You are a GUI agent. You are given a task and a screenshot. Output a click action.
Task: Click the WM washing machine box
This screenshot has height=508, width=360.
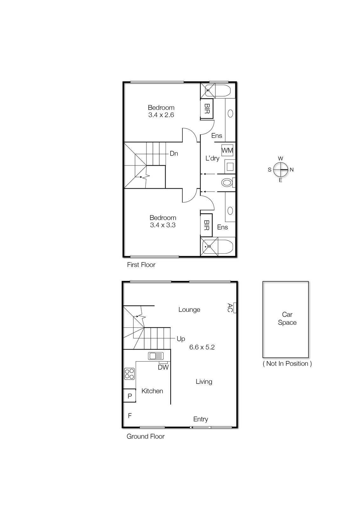(x=227, y=150)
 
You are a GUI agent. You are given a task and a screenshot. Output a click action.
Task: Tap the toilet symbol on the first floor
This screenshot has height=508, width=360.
(x=227, y=183)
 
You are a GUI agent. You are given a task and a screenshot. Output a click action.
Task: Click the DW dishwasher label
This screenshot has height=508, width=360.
(x=163, y=367)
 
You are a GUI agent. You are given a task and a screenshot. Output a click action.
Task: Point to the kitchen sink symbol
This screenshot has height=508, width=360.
(x=156, y=356)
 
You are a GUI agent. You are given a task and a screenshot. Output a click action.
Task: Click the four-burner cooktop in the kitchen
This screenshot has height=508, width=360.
(x=129, y=374)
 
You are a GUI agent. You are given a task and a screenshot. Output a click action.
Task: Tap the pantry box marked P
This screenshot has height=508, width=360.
(x=129, y=396)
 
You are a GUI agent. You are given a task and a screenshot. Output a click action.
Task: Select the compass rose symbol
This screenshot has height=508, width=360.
(x=281, y=170)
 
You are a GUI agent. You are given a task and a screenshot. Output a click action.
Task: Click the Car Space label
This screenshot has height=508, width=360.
(x=287, y=318)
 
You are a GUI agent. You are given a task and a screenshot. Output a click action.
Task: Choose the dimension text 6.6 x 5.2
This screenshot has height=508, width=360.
(x=202, y=347)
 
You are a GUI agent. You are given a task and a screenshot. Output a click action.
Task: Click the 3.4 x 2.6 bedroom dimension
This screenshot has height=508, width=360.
(x=161, y=115)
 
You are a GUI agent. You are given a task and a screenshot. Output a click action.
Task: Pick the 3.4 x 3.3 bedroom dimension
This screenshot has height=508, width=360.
(x=163, y=225)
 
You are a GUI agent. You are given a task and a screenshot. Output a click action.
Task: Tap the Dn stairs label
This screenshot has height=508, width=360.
(x=174, y=154)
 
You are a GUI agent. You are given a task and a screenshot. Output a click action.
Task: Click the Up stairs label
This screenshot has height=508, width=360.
(x=180, y=339)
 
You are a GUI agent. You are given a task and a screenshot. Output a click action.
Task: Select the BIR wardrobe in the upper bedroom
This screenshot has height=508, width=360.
(x=207, y=109)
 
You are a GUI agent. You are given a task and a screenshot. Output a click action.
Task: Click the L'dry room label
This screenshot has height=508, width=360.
(x=212, y=158)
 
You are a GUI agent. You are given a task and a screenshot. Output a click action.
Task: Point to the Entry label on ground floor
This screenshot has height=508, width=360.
(x=200, y=419)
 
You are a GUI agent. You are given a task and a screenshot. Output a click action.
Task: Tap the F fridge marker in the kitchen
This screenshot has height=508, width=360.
(x=130, y=415)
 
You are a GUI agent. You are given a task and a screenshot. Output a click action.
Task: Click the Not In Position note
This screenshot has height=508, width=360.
(x=287, y=364)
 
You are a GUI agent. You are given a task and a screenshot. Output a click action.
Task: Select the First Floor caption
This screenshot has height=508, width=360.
(x=141, y=264)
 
